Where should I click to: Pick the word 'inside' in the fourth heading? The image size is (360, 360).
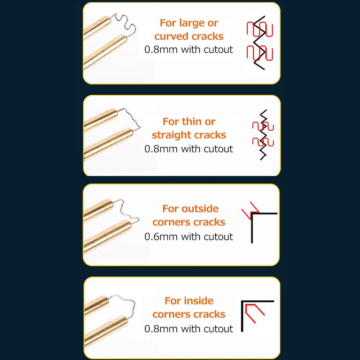point(199,301)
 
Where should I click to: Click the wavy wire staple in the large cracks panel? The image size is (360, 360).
point(126,24)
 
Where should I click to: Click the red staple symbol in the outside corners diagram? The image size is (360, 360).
point(251,210)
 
